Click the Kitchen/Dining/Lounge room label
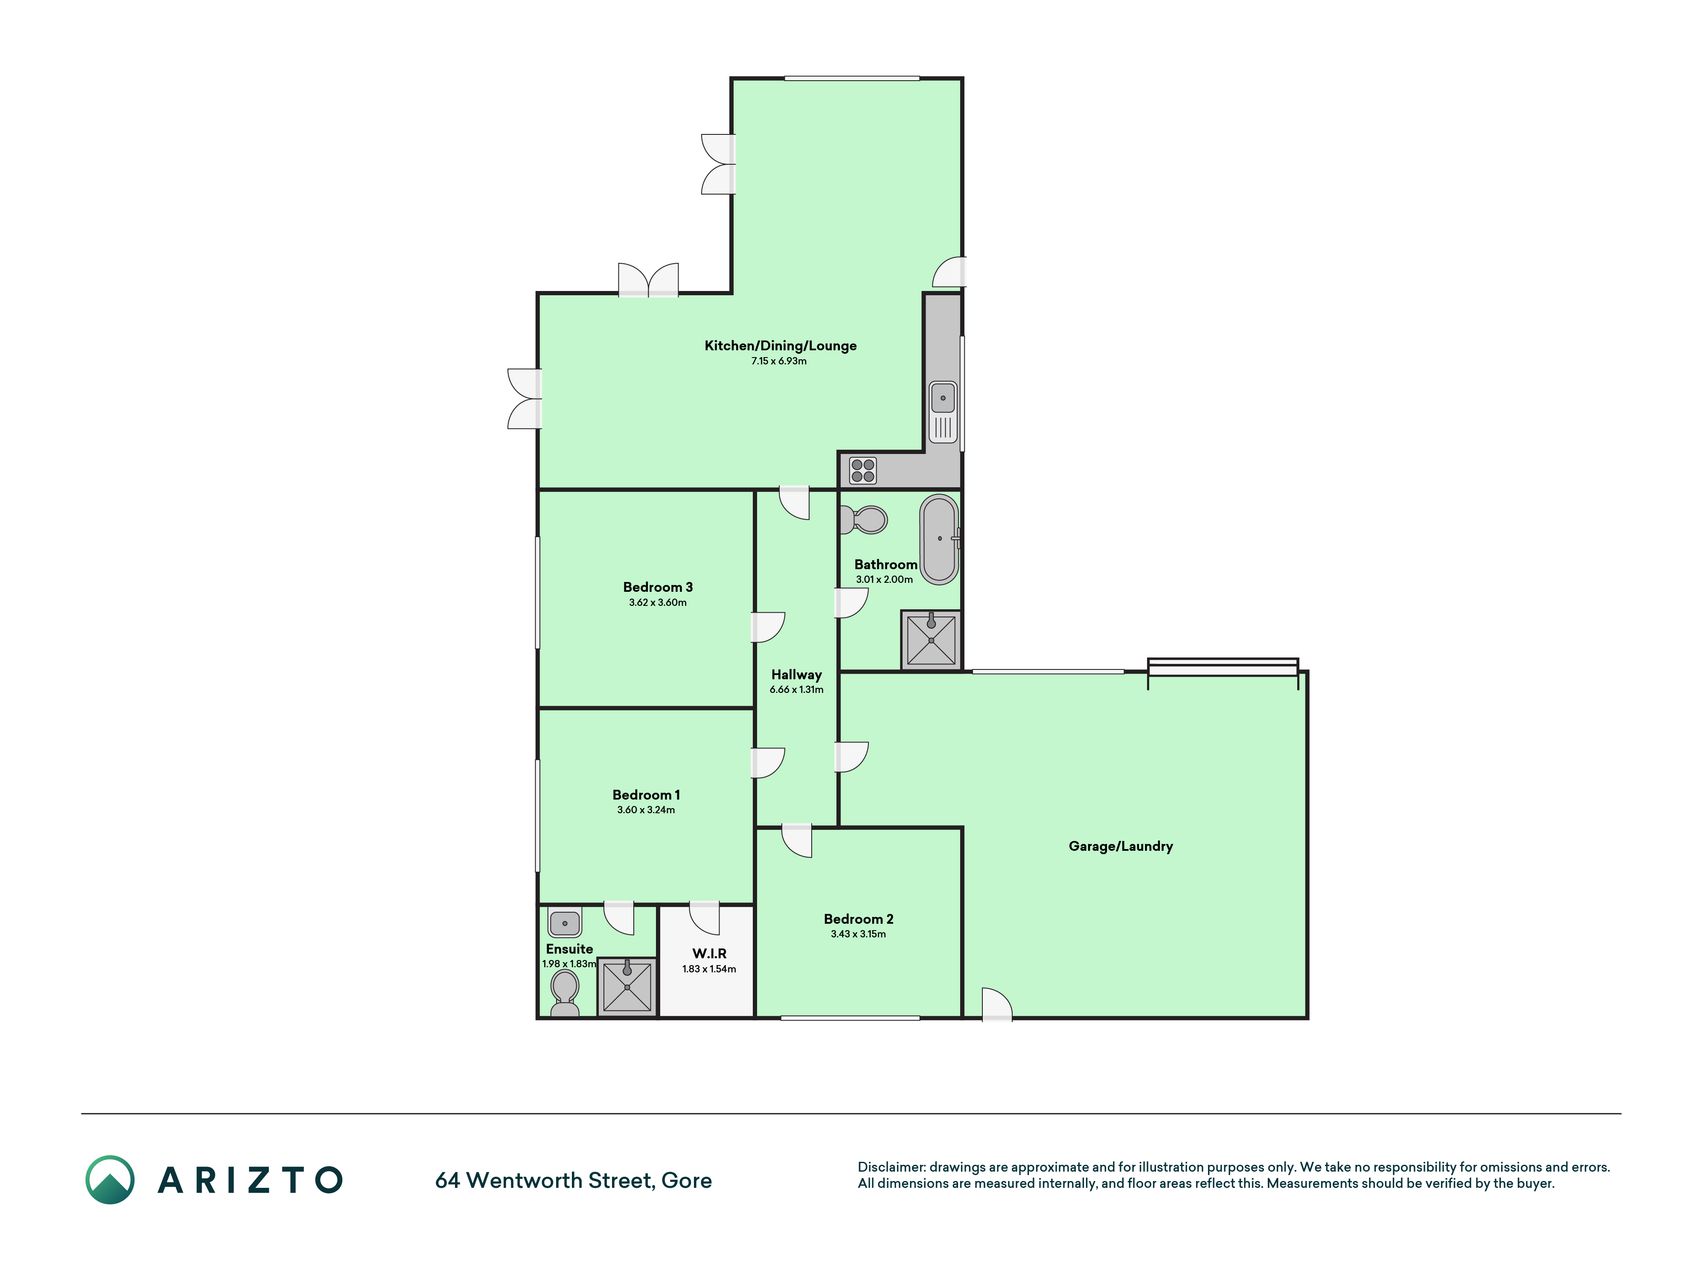pos(780,346)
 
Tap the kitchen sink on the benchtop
pos(943,412)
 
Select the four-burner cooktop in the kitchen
pos(863,470)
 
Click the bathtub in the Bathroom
pos(939,539)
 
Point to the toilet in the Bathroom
pos(864,520)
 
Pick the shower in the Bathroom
pos(931,640)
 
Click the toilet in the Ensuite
pos(565,993)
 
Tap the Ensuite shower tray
pos(628,986)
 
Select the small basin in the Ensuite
pos(565,923)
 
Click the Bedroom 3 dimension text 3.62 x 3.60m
pos(658,603)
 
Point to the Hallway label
pos(796,675)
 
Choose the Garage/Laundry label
pos(1121,846)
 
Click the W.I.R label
pos(709,954)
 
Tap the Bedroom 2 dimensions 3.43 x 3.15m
pos(858,934)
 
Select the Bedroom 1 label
pos(646,795)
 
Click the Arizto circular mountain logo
pos(110,1180)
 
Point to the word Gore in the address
pos(687,1181)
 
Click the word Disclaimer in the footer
pos(892,1167)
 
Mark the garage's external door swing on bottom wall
pos(997,1004)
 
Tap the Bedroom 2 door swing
pos(796,840)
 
